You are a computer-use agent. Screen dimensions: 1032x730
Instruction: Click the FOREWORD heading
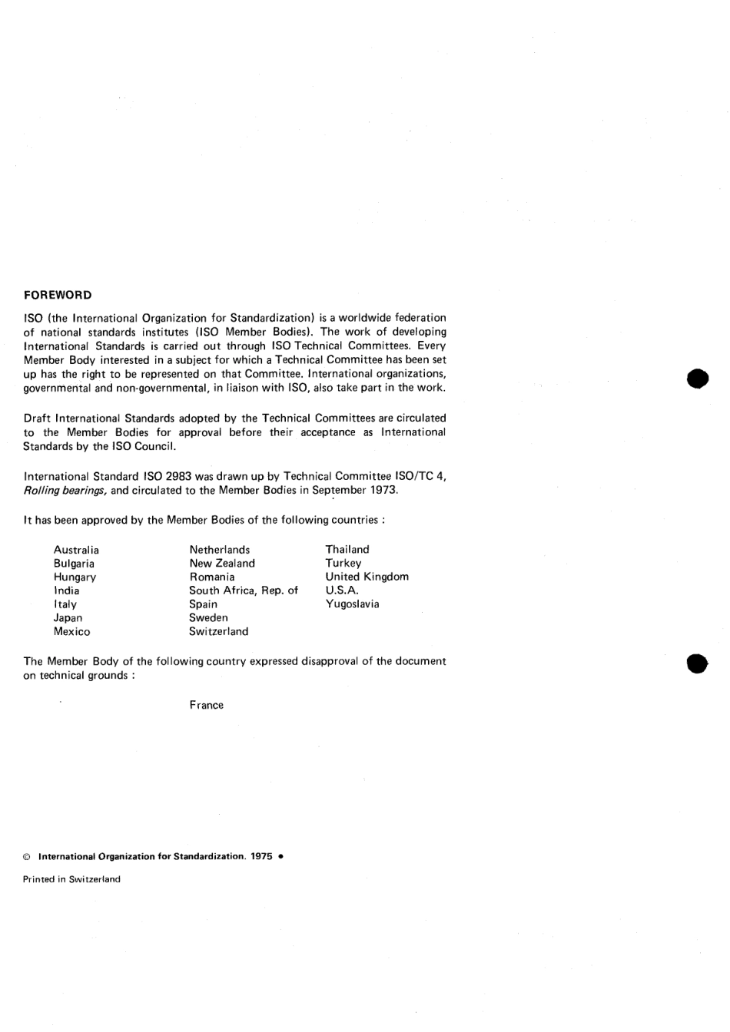58,296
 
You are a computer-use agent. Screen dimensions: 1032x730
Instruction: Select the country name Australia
76,550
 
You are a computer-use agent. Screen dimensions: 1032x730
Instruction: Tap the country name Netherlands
220,550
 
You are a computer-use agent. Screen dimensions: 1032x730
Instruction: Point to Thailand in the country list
347,550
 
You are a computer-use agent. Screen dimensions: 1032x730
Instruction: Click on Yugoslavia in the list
352,604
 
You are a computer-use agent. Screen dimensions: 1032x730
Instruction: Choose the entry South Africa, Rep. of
244,590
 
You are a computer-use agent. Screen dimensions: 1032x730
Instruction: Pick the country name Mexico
71,632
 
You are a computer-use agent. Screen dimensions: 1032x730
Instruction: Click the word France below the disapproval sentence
207,706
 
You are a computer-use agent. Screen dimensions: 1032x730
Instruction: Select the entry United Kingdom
367,577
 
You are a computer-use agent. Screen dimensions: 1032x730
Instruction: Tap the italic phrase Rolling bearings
65,491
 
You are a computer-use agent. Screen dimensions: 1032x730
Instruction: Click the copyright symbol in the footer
27,857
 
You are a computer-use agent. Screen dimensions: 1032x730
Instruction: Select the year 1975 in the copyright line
261,857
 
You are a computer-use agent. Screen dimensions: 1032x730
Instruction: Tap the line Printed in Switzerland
71,880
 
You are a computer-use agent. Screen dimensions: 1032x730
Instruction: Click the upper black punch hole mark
697,379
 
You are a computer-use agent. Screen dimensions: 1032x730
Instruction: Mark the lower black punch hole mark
697,663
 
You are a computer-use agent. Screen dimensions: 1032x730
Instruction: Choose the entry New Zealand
222,564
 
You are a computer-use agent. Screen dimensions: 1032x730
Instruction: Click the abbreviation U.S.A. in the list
342,590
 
